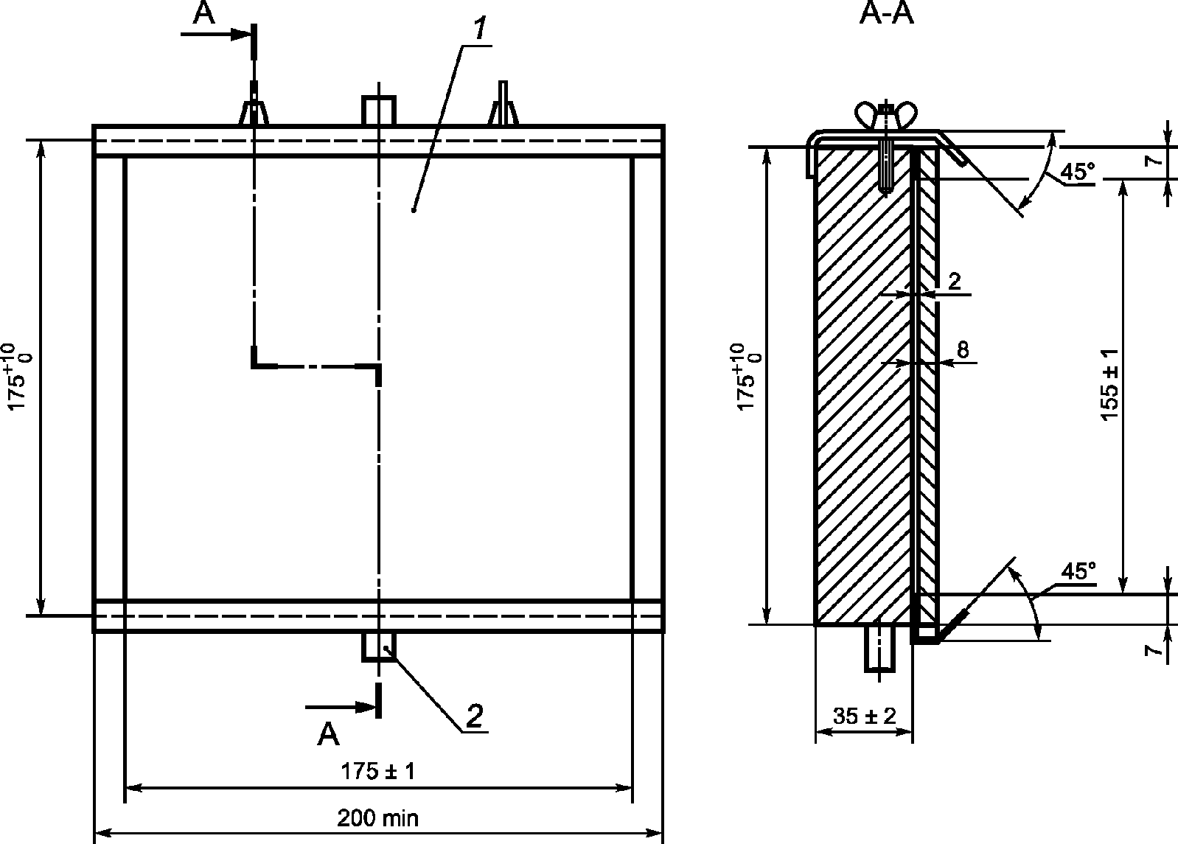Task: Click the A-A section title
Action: click(x=886, y=13)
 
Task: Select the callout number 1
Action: click(x=479, y=29)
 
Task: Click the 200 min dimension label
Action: click(x=377, y=817)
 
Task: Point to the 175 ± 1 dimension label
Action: click(x=377, y=771)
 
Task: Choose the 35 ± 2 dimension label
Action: click(x=864, y=715)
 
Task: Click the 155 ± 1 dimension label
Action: click(x=1110, y=385)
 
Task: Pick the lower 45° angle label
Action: click(x=1078, y=571)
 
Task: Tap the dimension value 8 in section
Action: click(x=963, y=350)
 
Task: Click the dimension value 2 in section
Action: click(x=954, y=282)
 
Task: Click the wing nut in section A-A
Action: click(x=887, y=115)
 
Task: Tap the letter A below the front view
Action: click(x=328, y=734)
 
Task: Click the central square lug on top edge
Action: click(x=378, y=111)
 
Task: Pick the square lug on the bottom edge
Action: click(x=378, y=646)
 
